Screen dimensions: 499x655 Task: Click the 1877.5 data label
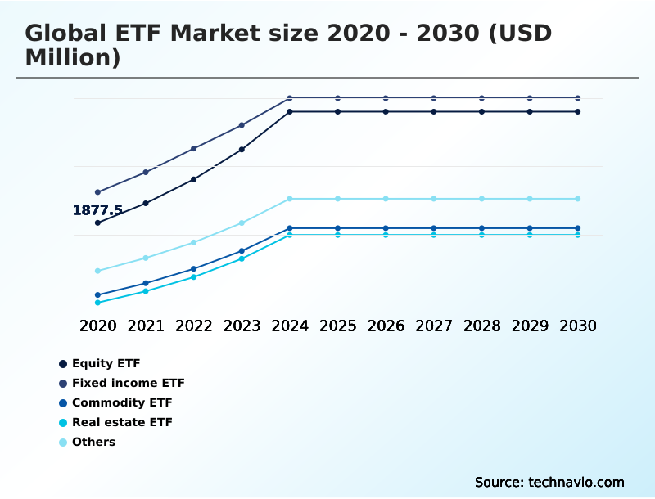coord(97,210)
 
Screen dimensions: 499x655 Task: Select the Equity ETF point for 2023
coord(242,150)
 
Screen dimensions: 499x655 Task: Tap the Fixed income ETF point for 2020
coord(97,192)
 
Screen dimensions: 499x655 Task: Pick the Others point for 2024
coord(290,199)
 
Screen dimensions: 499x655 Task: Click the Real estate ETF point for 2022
coord(194,277)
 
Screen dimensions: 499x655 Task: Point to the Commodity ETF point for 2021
coord(146,283)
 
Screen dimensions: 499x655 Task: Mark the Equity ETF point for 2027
coord(434,111)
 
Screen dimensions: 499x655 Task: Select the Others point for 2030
coord(577,199)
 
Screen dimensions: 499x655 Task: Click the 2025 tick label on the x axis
coord(337,326)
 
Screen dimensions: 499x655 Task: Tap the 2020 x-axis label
coord(97,326)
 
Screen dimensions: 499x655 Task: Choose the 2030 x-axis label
coord(577,326)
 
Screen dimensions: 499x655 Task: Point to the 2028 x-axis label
coord(481,326)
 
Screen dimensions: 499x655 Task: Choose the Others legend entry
coord(93,442)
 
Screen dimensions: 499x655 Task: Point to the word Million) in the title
coord(73,58)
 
